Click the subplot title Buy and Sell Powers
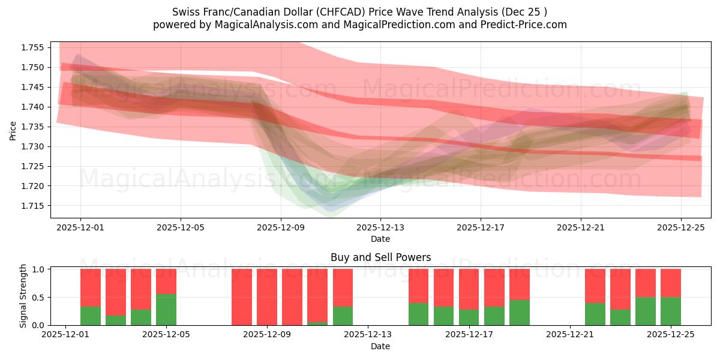(380, 257)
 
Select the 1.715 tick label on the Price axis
(33, 206)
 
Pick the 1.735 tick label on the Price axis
(33, 127)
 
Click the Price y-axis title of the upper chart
(13, 130)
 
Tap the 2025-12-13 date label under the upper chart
(380, 227)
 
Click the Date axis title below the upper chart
(380, 239)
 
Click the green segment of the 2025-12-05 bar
(166, 310)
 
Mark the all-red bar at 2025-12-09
(267, 297)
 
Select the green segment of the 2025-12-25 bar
(670, 311)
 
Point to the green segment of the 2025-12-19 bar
(519, 313)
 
